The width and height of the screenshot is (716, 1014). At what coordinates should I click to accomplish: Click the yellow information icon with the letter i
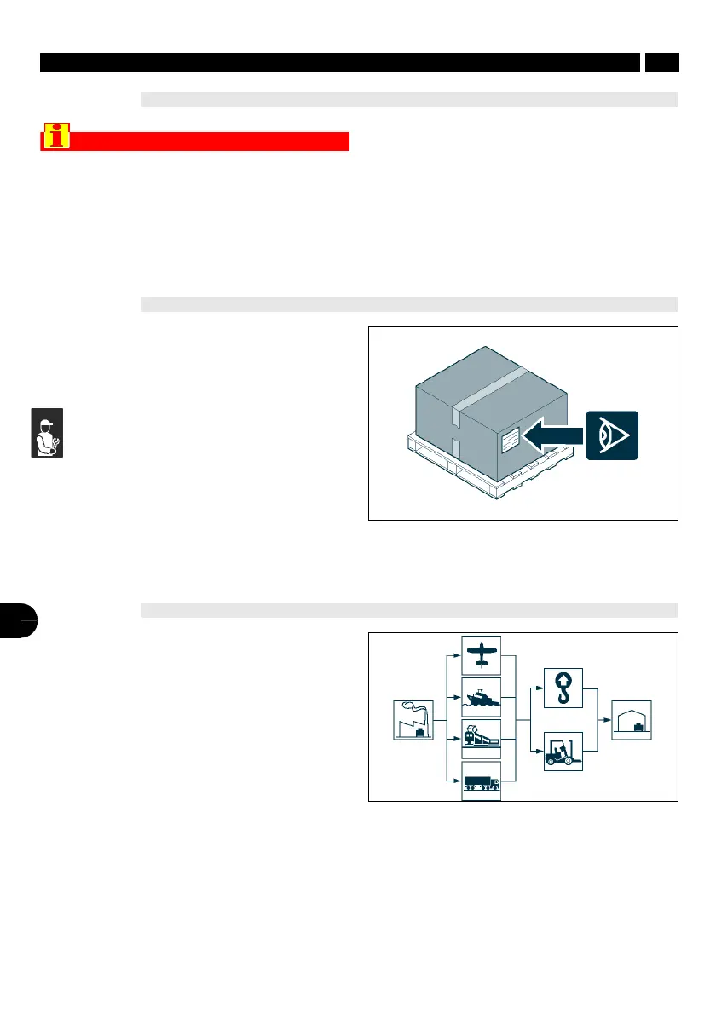click(57, 138)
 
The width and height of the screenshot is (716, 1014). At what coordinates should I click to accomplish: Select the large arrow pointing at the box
click(552, 436)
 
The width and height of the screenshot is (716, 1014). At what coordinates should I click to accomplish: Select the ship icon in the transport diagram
click(482, 696)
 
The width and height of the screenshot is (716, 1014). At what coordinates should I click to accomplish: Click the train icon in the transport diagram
click(482, 738)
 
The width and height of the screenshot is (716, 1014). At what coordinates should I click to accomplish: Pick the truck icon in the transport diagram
click(482, 781)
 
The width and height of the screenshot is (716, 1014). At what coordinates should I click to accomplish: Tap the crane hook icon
click(563, 688)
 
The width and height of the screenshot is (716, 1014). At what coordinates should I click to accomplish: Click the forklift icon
click(563, 752)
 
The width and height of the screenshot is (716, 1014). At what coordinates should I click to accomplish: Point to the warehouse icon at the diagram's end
click(632, 720)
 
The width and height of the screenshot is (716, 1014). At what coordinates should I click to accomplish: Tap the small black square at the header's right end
click(661, 63)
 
